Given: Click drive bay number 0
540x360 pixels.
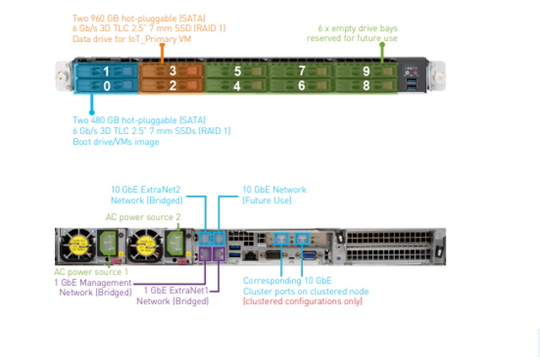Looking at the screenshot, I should (x=105, y=86).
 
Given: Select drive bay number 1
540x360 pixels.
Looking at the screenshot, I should (x=105, y=72).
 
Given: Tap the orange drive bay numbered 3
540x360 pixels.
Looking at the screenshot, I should (x=171, y=72).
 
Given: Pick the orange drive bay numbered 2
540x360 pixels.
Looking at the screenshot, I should (x=171, y=86).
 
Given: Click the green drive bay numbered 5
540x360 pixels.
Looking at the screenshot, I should (x=237, y=72).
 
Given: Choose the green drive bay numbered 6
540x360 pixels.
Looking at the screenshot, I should (x=302, y=86).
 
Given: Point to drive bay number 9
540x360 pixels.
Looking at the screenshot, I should (x=367, y=72).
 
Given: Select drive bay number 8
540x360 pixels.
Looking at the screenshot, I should (x=367, y=86).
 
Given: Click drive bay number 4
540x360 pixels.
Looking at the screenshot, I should (x=237, y=86).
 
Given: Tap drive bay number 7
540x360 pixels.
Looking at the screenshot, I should (x=302, y=72).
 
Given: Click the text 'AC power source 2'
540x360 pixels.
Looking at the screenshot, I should (x=139, y=217).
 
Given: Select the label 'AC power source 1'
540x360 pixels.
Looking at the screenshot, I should (x=91, y=271).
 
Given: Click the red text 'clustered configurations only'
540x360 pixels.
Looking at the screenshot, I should (x=303, y=301).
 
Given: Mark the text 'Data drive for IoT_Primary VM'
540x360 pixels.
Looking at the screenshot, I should (x=132, y=38).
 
